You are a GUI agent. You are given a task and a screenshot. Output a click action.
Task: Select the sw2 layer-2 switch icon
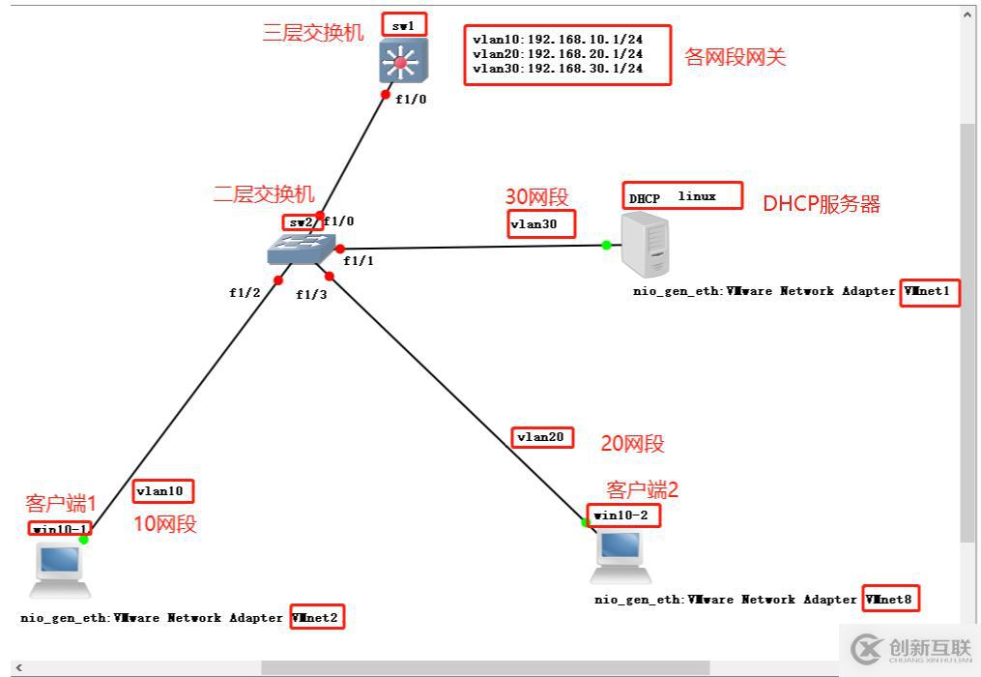pos(301,250)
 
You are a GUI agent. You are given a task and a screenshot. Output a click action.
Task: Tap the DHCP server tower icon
pos(646,245)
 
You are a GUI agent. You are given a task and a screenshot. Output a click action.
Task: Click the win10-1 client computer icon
pos(60,569)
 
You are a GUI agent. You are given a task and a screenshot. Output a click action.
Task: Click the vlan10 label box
pos(163,490)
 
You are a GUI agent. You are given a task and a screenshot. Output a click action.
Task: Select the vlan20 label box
pos(541,437)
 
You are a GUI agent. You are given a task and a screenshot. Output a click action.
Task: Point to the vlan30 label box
pos(541,224)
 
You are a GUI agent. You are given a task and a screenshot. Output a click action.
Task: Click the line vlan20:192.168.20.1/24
pos(558,54)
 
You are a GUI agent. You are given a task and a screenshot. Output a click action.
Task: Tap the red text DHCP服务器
pos(822,204)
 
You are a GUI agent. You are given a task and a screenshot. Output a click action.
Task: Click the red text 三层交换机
pos(313,33)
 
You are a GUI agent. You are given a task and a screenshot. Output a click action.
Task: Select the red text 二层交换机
pos(264,194)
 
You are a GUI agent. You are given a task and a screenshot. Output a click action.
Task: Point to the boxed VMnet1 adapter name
pos(929,291)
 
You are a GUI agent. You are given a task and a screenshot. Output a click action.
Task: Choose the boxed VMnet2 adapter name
pos(317,617)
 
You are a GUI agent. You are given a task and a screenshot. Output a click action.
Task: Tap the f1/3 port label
pos(311,295)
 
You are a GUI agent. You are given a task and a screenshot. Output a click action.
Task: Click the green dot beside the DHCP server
pos(606,245)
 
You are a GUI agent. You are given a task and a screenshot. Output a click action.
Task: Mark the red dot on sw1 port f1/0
pos(386,95)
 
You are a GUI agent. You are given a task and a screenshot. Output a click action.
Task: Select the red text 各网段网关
pos(736,57)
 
